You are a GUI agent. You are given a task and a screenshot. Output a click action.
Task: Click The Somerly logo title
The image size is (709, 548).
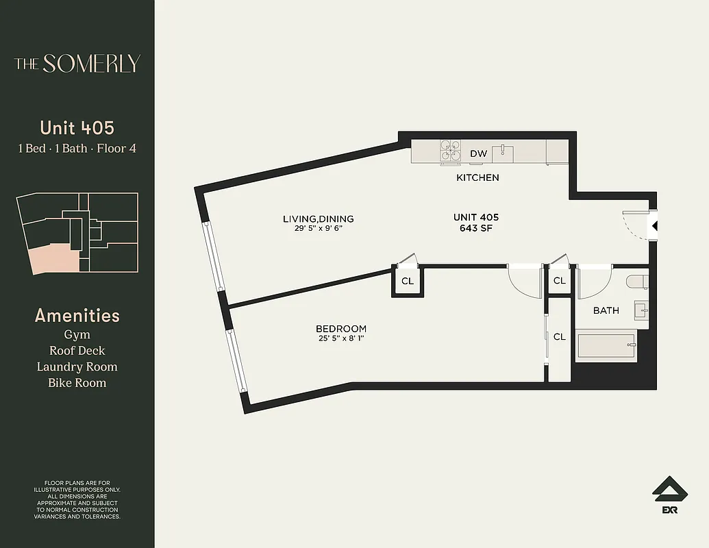coord(77,64)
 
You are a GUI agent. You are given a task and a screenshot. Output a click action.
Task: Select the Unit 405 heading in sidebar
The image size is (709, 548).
coord(77,128)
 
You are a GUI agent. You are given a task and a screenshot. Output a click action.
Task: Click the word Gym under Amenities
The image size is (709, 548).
coord(77,334)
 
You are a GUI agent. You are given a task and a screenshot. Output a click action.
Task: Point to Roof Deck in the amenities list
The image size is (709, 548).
coord(77,351)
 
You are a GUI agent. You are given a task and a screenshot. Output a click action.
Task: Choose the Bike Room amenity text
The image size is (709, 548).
coord(77,383)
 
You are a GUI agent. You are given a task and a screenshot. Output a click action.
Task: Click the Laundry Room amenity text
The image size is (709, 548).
coord(77,367)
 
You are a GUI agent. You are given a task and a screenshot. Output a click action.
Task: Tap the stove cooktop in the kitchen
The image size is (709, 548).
coord(450,151)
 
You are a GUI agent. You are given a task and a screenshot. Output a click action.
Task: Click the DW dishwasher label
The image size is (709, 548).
coord(479,153)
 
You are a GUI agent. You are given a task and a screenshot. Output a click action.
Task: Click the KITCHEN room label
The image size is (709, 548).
coord(477,177)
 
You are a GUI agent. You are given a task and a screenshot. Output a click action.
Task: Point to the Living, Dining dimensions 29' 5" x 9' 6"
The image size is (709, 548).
coord(318,228)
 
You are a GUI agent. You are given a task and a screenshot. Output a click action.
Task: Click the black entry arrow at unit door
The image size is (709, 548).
coord(654,226)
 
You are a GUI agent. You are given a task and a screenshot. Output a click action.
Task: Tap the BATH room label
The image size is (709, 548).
coord(606,310)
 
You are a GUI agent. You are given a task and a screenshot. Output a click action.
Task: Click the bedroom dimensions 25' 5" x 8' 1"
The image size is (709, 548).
coord(340,338)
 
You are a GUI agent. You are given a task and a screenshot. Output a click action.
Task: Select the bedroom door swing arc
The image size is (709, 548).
coord(524,281)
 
